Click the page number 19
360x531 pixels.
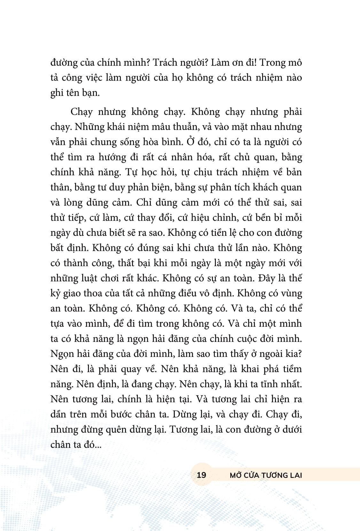(201, 475)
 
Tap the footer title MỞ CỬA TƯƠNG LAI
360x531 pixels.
(266, 475)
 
